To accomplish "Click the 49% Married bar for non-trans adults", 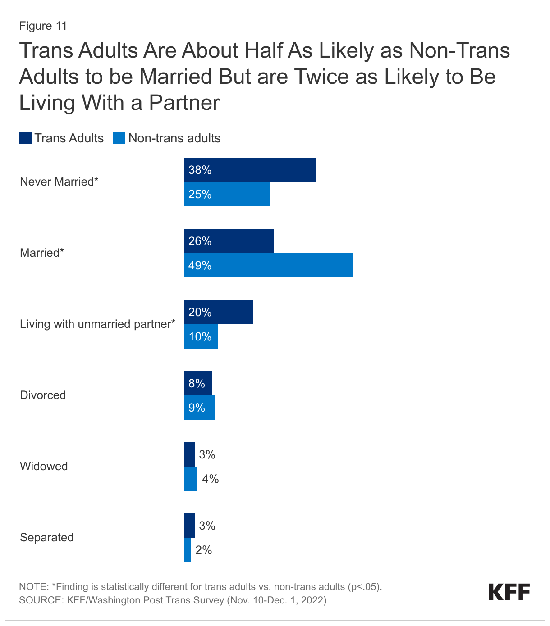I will click(268, 265).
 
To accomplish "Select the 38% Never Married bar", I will click(249, 170).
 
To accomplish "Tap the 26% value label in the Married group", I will click(200, 241).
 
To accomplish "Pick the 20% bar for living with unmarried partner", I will click(218, 312).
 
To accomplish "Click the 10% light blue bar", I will click(201, 336).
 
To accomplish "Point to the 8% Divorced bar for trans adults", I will click(197, 383).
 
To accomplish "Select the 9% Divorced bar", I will click(199, 408).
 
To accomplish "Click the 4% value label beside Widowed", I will click(210, 479).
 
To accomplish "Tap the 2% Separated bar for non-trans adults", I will click(187, 550).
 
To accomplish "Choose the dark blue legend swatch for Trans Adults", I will click(25, 138).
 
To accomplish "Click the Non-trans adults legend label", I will click(174, 138).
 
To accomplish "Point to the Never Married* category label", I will click(59, 182).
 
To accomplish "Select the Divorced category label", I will click(43, 395).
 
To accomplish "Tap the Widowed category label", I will click(44, 467).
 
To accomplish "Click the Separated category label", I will click(46, 538).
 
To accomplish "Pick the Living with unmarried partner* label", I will click(97, 324).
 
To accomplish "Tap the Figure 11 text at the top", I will click(43, 26).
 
